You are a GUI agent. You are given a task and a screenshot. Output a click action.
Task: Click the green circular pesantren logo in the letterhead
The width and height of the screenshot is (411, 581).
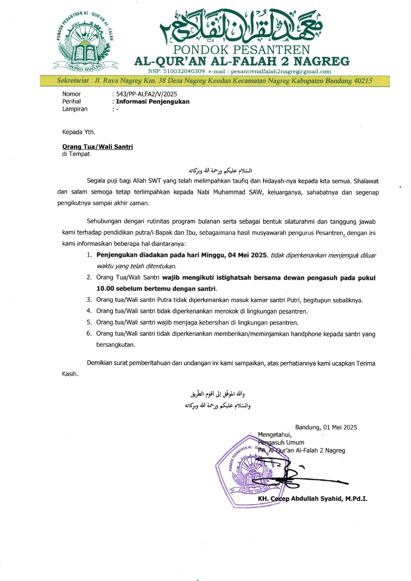[x=85, y=41]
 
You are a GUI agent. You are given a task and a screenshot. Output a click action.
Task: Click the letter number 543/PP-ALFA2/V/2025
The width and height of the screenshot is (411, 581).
[x=146, y=94]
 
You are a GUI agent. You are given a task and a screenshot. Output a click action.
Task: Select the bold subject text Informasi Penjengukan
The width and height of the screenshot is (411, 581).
[x=153, y=102]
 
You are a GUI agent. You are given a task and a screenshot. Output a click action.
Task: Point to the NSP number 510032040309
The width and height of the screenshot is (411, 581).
[x=184, y=72]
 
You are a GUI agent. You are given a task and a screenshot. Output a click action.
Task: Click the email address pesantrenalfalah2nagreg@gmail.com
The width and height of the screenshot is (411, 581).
[x=281, y=72]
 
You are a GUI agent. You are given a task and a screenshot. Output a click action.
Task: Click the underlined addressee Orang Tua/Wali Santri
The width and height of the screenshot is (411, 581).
[x=97, y=147]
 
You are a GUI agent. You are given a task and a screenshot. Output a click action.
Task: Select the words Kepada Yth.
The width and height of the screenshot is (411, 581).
[x=79, y=132]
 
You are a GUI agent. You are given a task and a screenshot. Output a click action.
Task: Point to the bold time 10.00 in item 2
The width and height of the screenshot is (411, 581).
[x=105, y=289]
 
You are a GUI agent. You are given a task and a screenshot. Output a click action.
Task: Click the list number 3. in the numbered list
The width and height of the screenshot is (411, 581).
[x=89, y=300]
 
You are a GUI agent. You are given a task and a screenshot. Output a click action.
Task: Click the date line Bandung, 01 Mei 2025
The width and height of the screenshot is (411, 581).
[x=326, y=427]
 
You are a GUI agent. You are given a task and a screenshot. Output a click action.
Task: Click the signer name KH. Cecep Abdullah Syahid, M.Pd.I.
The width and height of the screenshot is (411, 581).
[x=312, y=499]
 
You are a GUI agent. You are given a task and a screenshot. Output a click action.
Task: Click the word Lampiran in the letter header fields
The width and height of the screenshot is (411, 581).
[x=75, y=109]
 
